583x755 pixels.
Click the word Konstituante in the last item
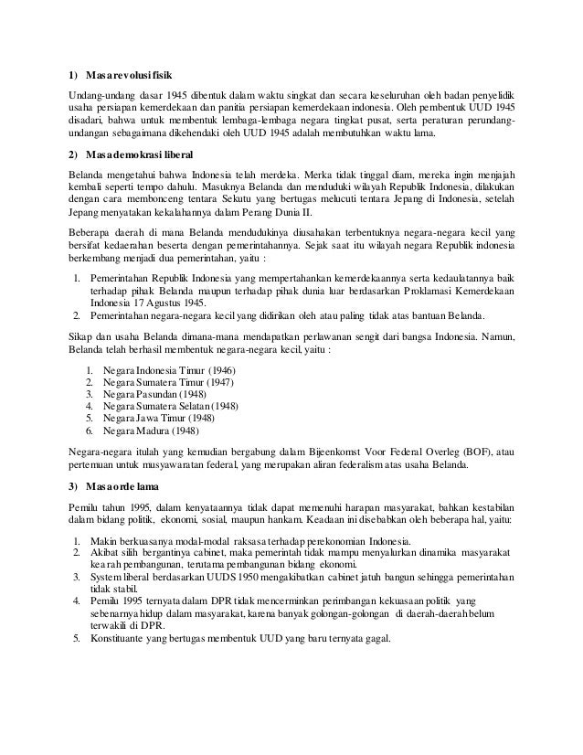(119, 638)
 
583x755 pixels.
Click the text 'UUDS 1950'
(228, 579)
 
